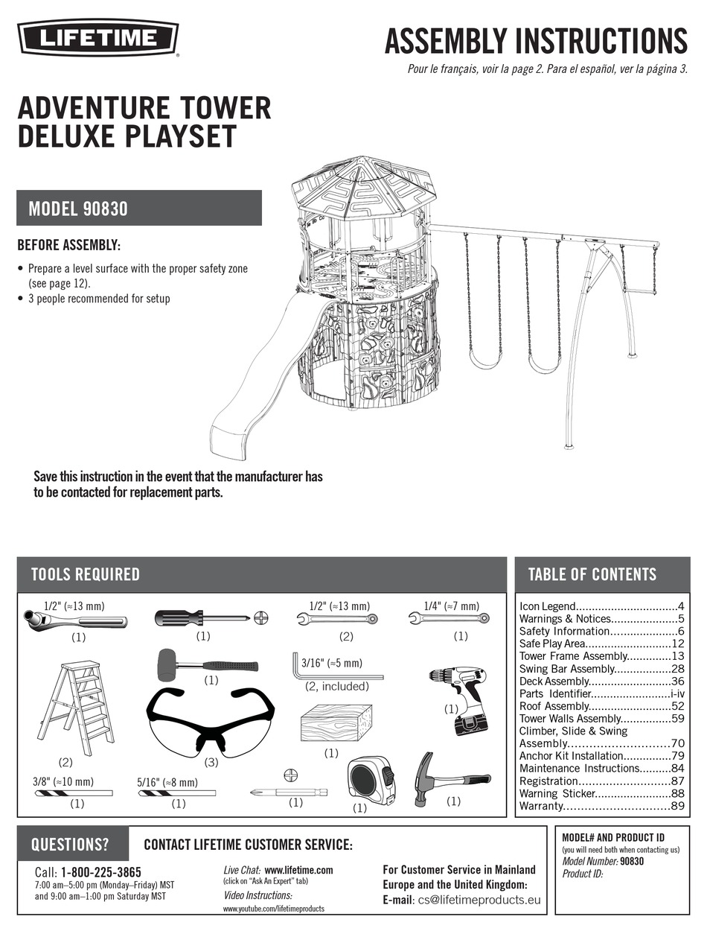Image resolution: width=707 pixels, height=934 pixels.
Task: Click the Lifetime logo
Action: (97, 36)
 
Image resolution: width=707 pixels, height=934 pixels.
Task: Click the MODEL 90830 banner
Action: (139, 209)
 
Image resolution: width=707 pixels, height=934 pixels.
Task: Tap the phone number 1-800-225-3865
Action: (101, 872)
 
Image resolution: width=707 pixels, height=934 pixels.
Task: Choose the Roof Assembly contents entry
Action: (601, 706)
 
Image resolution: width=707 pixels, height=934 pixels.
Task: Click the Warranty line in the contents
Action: (601, 807)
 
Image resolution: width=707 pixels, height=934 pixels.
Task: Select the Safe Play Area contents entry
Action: (601, 644)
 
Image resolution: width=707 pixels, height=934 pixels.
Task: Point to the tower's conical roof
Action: (362, 186)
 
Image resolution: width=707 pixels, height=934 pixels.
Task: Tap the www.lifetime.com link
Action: (298, 870)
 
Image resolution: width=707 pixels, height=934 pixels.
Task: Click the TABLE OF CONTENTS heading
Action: (592, 574)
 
